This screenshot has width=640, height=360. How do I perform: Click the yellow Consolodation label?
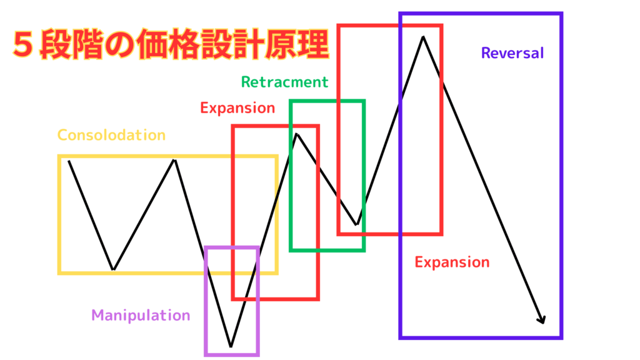(x=111, y=135)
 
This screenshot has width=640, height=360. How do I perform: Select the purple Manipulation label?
(x=141, y=315)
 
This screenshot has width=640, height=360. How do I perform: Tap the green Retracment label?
(x=284, y=82)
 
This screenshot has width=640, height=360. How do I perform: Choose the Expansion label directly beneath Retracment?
(x=237, y=107)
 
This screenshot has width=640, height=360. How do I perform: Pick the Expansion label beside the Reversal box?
(x=452, y=262)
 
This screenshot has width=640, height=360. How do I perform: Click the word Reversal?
(x=512, y=53)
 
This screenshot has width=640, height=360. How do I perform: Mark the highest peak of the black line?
(x=424, y=37)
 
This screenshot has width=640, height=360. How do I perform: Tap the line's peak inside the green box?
(x=297, y=134)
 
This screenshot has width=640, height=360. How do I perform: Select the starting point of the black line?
(x=69, y=161)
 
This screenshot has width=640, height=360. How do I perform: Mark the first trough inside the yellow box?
(x=113, y=269)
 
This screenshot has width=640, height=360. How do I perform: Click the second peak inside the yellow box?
(x=174, y=160)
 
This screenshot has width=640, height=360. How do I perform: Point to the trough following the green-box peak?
(x=356, y=224)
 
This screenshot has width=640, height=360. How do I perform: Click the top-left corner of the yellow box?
(x=59, y=156)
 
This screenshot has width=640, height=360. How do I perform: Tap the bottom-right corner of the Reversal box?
(x=561, y=337)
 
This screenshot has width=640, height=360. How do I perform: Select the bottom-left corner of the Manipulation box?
(x=206, y=354)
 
